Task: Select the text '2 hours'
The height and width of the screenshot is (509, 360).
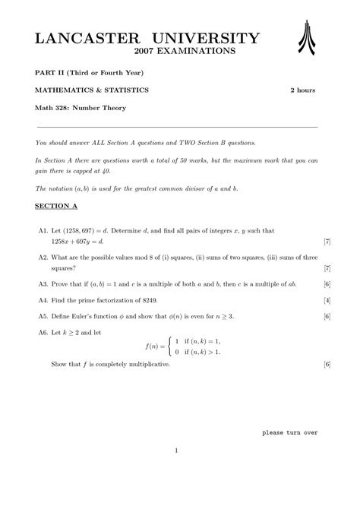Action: [303, 90]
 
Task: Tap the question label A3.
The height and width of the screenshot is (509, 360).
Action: [43, 283]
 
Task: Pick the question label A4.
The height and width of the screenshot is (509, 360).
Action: [43, 300]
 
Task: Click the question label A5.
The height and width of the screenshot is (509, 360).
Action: [43, 316]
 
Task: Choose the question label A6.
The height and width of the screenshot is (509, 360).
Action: [43, 333]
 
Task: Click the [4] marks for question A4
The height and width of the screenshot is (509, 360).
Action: [326, 300]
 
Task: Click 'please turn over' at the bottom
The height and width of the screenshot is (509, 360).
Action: [289, 432]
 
